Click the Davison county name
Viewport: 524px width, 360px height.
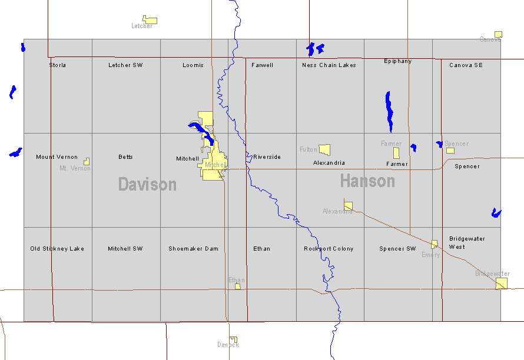147,184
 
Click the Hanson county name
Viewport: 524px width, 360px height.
367,181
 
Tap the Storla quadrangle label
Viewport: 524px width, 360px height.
58,65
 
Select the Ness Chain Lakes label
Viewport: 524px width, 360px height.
329,65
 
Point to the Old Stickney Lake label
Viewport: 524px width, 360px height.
57,249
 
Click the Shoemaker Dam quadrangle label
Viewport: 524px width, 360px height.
193,249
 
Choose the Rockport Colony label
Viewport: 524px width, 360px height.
329,249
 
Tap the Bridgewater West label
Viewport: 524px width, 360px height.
467,242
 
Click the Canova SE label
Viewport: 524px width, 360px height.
466,65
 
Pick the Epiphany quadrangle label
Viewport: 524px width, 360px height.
398,61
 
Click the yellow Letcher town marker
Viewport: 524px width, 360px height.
150,20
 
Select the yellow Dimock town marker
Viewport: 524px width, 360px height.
234,339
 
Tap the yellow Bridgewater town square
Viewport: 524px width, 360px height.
501,284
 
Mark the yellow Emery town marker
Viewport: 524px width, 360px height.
435,244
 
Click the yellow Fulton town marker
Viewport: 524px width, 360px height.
324,149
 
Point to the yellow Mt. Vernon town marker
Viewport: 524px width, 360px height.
87,161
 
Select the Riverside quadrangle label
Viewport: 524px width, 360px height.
267,157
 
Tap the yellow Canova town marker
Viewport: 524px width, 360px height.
498,34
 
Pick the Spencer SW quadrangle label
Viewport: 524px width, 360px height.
397,249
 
